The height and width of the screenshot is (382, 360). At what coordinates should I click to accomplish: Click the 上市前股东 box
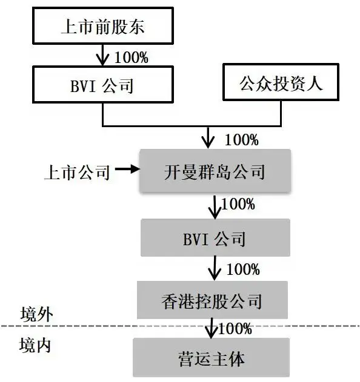102,27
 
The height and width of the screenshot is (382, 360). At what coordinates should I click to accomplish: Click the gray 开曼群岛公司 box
215,171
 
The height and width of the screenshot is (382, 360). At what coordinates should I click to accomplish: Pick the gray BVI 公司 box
215,237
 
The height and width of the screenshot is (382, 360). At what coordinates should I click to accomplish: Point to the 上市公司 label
76,172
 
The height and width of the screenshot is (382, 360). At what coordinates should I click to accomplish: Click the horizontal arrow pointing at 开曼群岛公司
127,171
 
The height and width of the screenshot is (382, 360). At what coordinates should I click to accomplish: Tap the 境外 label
36,314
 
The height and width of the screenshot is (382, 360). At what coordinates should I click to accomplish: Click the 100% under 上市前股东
131,59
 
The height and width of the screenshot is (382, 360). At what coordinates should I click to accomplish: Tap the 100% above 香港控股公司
242,268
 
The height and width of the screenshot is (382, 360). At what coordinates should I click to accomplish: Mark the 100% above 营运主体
235,329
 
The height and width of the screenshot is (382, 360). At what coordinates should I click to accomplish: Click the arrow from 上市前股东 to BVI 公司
102,56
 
